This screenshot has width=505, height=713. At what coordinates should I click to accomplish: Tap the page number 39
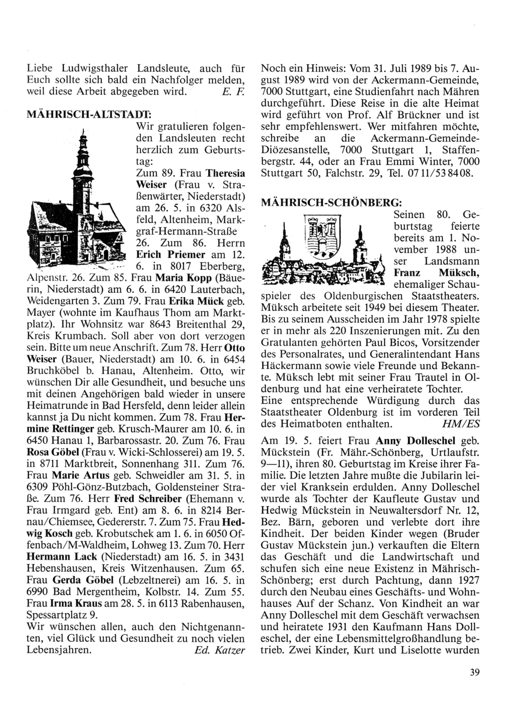473,671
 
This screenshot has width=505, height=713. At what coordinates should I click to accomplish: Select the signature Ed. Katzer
220,650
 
